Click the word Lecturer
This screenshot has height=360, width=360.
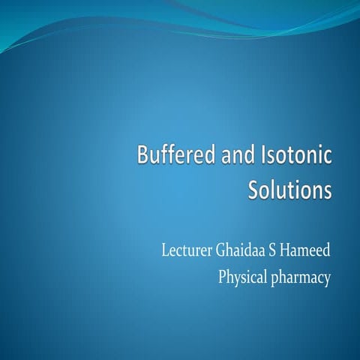tap(186, 249)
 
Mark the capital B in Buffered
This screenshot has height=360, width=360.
tap(142, 158)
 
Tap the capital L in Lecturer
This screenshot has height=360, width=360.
tap(166, 249)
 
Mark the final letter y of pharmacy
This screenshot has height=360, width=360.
tap(327, 280)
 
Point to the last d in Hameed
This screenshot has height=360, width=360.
tap(327, 249)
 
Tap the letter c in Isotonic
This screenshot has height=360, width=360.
tap(327, 160)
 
